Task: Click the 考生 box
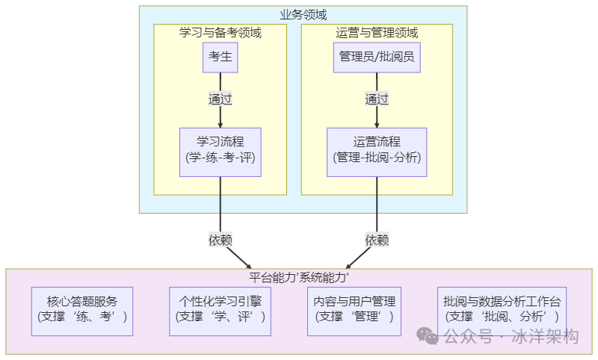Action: tap(220, 57)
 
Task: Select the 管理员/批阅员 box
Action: tap(377, 57)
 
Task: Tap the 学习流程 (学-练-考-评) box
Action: tap(220, 152)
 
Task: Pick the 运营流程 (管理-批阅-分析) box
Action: tap(377, 152)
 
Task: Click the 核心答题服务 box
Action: tap(82, 311)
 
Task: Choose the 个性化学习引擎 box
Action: tap(220, 311)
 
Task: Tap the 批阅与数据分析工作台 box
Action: tap(502, 311)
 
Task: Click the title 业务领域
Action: tap(303, 14)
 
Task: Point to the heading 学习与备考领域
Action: tap(220, 33)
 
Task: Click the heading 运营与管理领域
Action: tap(377, 33)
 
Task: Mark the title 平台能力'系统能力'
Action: tap(299, 277)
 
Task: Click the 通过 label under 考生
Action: tap(220, 99)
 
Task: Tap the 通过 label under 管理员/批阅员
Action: tap(377, 99)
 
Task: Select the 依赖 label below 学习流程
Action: tap(220, 240)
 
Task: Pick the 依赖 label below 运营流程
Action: tap(377, 240)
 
